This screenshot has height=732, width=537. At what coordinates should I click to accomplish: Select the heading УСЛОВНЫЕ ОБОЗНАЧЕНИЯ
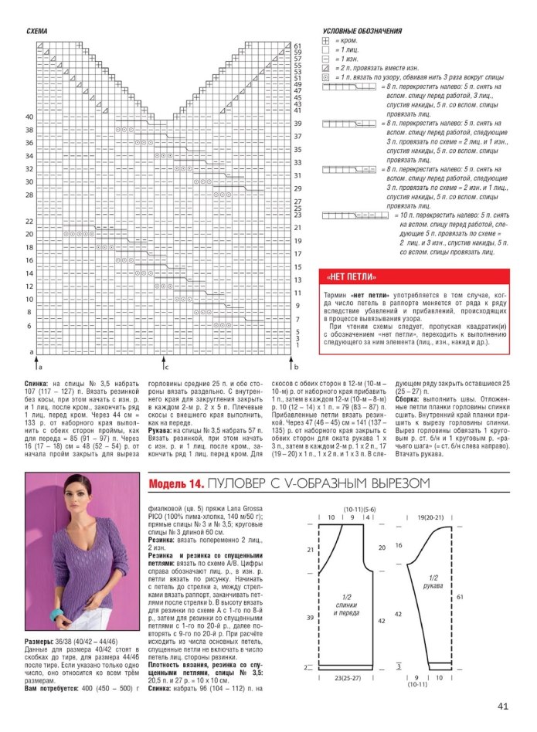point(361,31)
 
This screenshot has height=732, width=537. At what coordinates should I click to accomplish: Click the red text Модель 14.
point(175,484)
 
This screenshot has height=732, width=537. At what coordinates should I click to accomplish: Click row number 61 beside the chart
point(297,46)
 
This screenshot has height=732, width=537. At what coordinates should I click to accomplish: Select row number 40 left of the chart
point(29,117)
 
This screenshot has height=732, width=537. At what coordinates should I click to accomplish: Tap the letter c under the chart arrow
point(165,368)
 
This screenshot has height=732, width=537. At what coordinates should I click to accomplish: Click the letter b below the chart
point(295,368)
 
